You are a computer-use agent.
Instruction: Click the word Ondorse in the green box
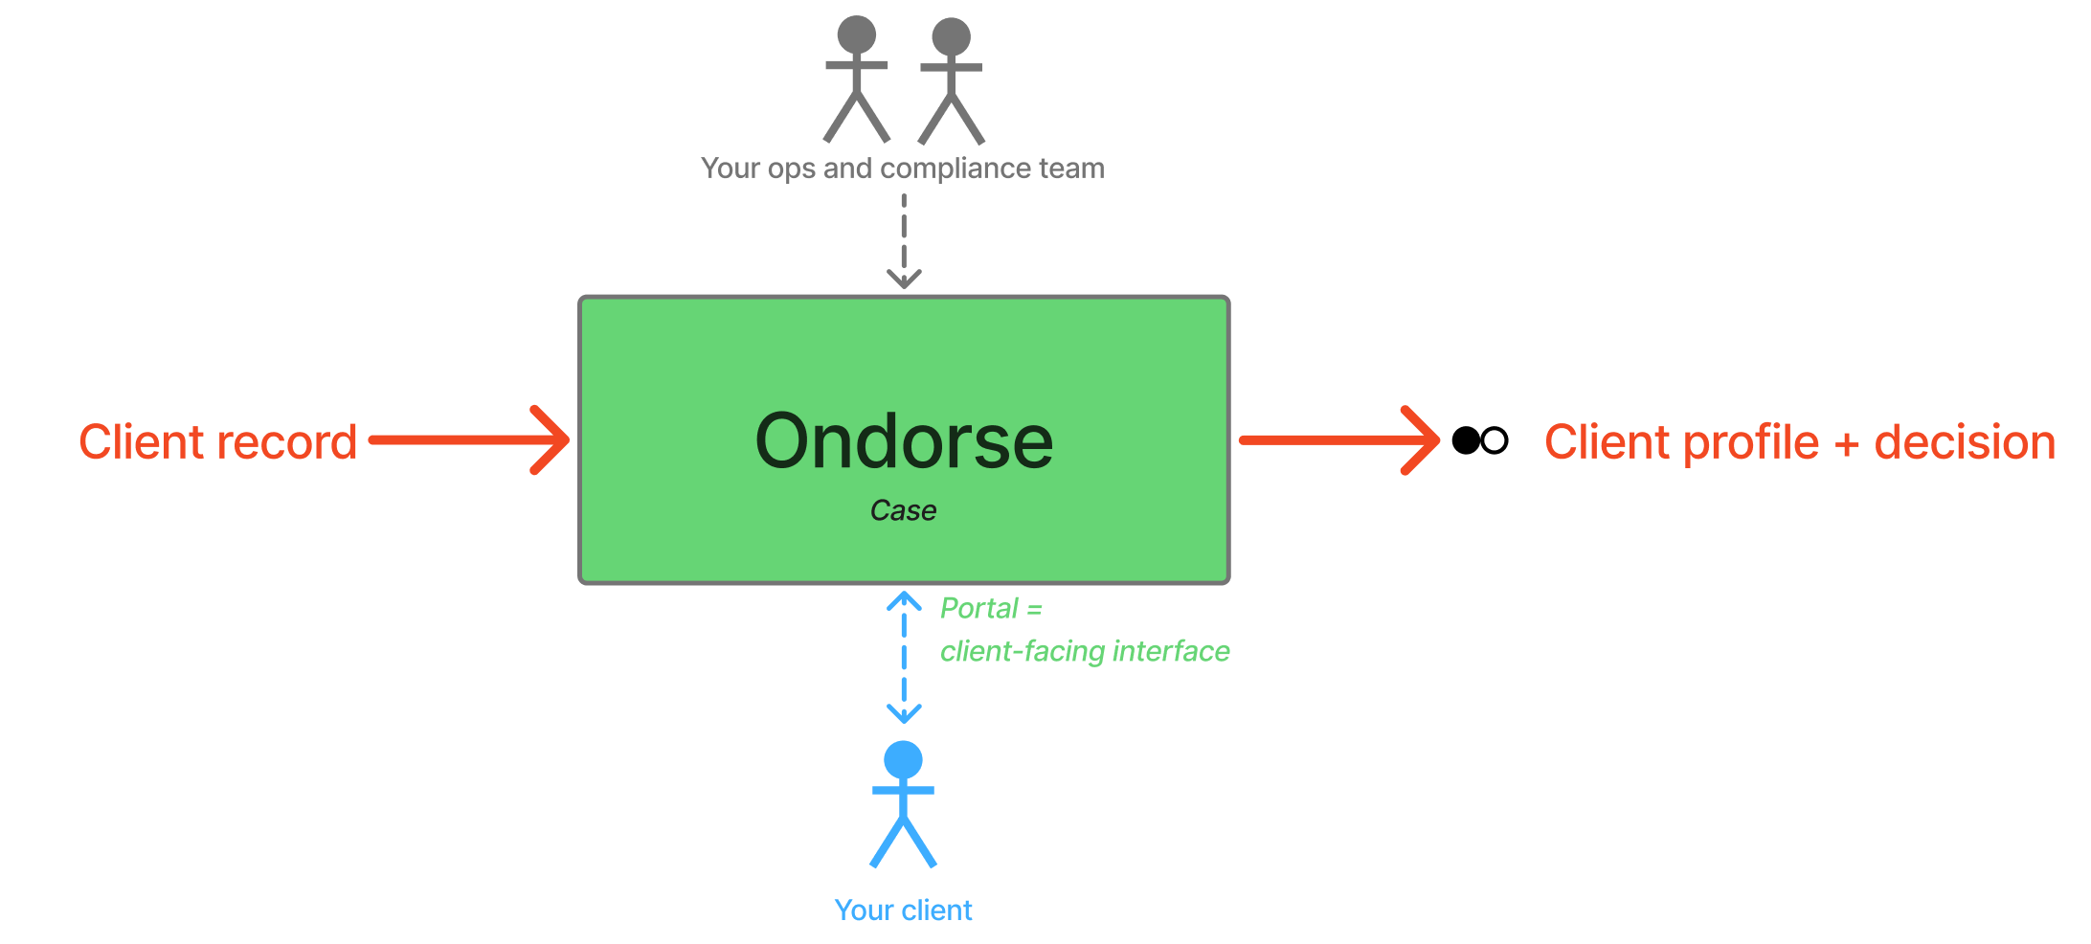[x=904, y=440]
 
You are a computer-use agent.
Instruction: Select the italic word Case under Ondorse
[x=903, y=510]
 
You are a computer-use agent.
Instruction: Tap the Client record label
[x=218, y=441]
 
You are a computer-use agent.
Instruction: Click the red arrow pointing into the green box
[x=469, y=440]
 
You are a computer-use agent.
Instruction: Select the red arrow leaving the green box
[x=1339, y=440]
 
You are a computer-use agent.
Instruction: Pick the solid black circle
[x=1466, y=440]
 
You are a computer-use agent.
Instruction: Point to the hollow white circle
[x=1495, y=440]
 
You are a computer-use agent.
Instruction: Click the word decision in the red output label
[x=1965, y=442]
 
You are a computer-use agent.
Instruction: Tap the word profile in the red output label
[x=1751, y=443]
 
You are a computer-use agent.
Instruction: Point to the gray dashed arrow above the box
[x=904, y=241]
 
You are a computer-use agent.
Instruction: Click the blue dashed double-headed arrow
[x=904, y=658]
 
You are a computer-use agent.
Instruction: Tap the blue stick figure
[x=903, y=805]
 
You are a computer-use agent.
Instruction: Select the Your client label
[x=903, y=910]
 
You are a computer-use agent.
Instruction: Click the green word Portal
[x=979, y=608]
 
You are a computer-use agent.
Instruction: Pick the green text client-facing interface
[x=1085, y=651]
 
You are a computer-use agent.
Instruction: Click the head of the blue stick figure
[x=903, y=760]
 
